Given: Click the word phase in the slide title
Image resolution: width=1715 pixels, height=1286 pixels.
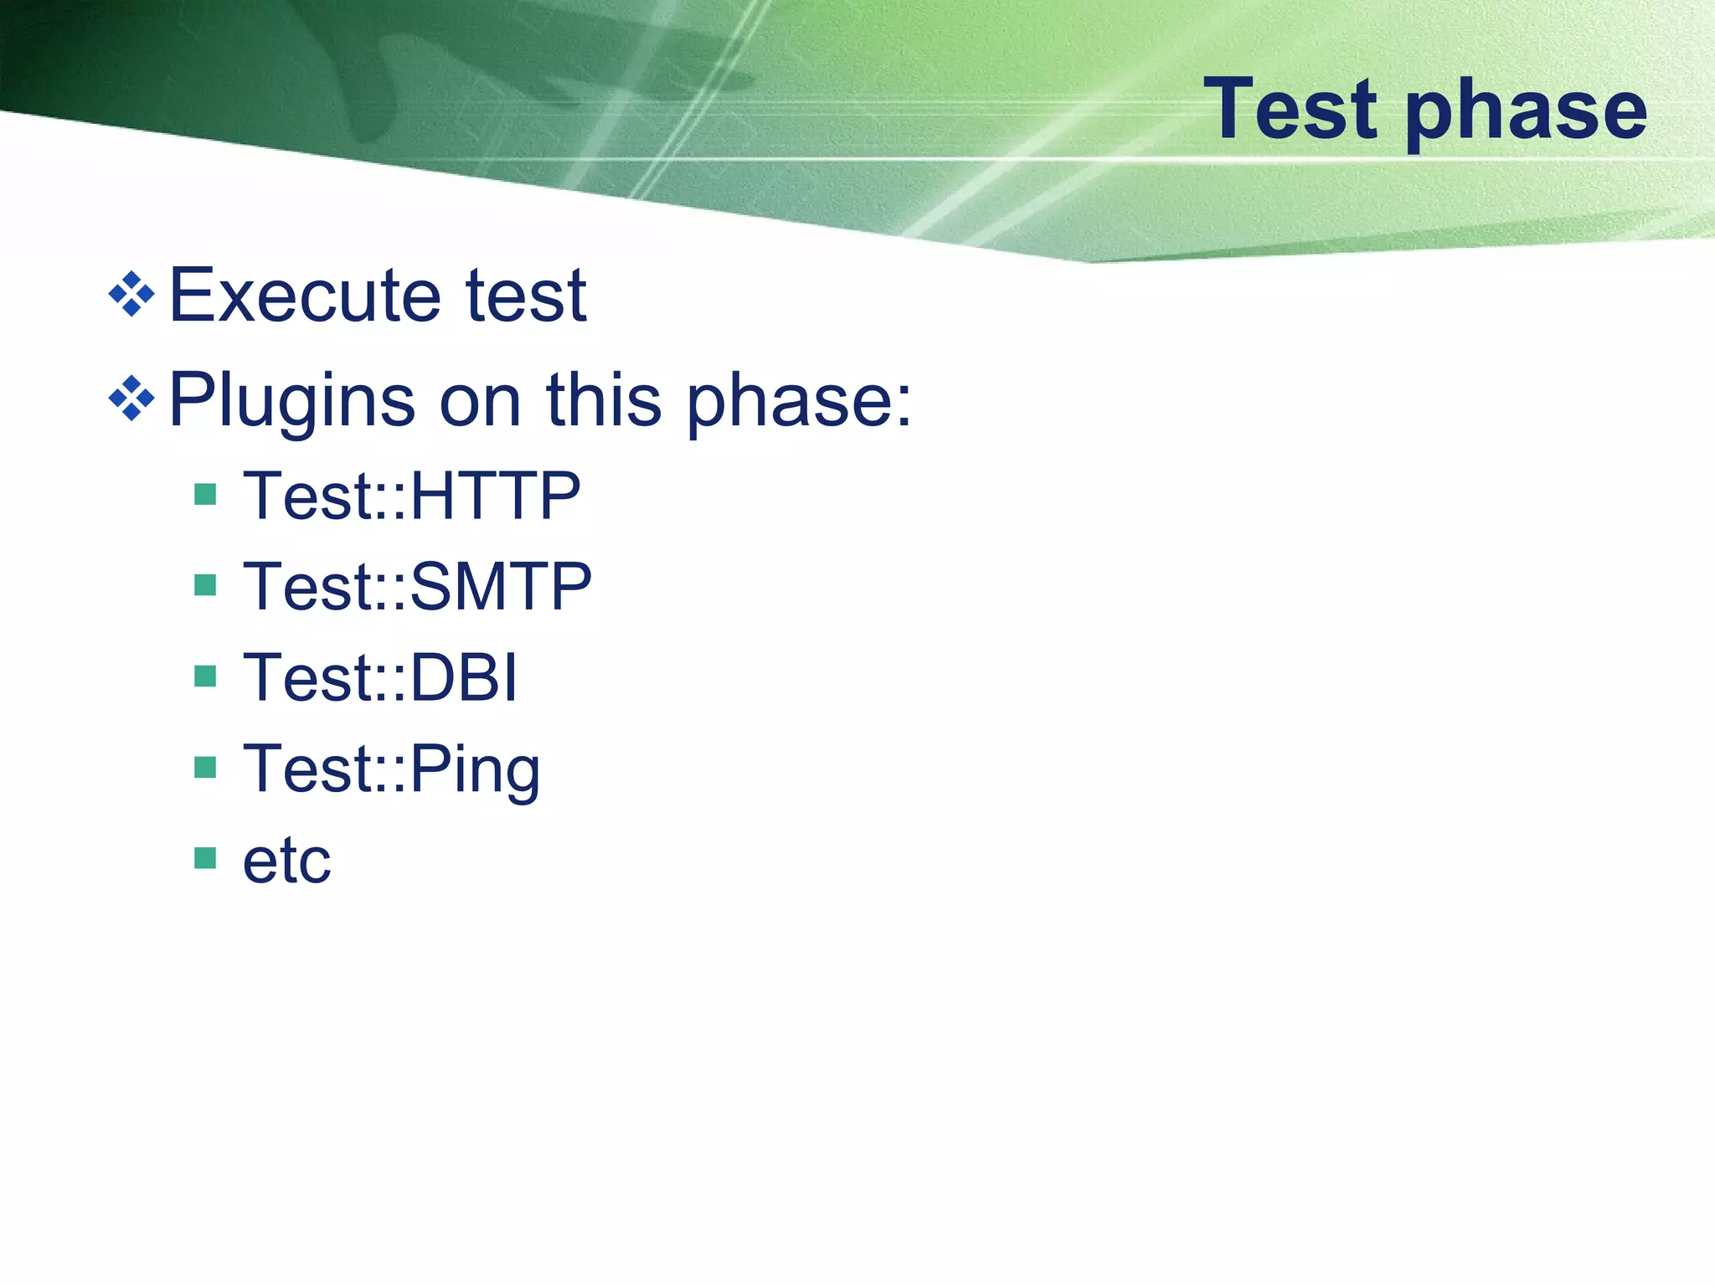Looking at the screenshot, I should (x=1526, y=113).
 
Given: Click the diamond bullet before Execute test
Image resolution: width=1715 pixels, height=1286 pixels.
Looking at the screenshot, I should (x=132, y=295).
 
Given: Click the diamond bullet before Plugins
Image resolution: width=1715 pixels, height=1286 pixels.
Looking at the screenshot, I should (x=132, y=398).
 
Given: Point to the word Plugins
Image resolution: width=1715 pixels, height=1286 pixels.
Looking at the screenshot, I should (x=291, y=402).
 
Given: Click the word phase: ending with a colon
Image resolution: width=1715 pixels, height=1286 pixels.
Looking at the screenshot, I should (x=798, y=402).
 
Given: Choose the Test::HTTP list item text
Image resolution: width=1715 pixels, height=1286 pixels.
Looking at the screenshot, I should (x=411, y=496).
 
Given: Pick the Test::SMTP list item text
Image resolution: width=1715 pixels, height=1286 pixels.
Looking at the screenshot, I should (x=417, y=586).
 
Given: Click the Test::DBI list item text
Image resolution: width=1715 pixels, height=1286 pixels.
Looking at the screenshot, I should (x=379, y=677).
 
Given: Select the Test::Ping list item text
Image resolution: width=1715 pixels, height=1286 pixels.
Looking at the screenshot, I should (x=391, y=770).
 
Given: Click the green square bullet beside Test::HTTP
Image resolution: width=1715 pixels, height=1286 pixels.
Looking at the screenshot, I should (x=205, y=494).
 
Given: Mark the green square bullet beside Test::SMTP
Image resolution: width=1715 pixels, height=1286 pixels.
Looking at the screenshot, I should (x=205, y=584).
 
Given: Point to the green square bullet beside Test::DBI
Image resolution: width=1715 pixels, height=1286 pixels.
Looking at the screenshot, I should (x=205, y=676).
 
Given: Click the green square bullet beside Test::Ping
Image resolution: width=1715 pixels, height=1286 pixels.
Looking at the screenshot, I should (x=205, y=767).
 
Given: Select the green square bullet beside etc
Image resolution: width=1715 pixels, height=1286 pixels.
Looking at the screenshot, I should (x=205, y=858).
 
